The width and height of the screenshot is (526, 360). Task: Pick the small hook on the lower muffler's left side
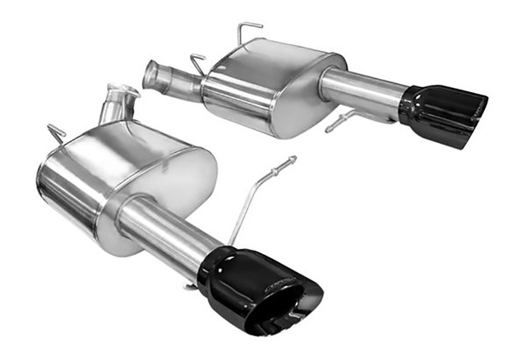pyautogui.click(x=56, y=132)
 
